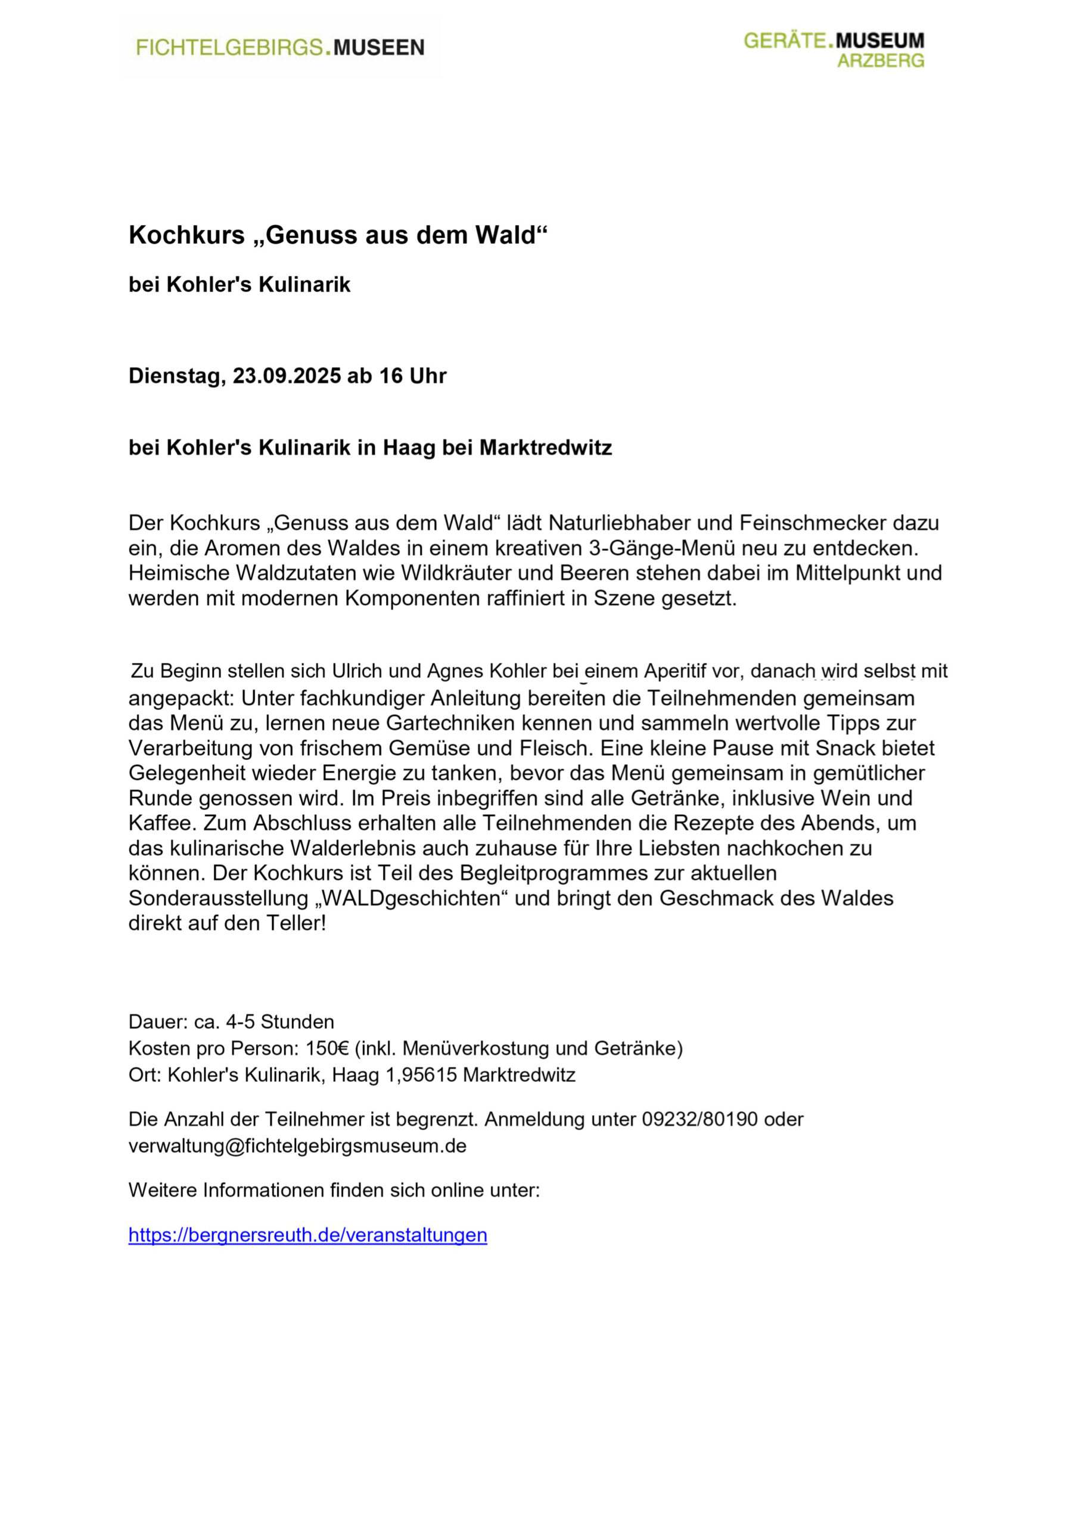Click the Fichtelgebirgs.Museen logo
tap(279, 48)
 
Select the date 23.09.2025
tap(287, 376)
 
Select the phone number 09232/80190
tap(699, 1119)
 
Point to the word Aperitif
tap(675, 671)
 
